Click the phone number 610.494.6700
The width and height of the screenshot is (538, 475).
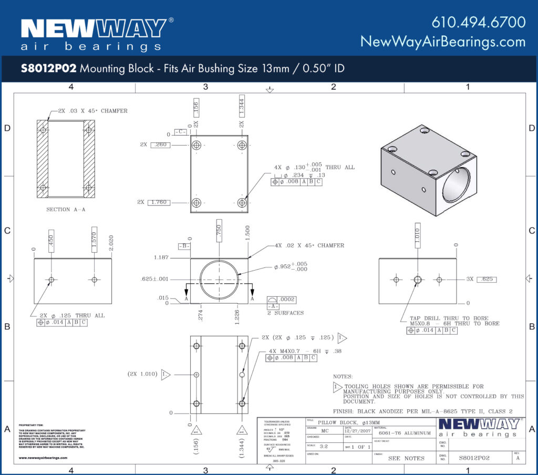[x=478, y=22]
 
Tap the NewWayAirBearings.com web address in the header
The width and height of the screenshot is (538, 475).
[x=442, y=42]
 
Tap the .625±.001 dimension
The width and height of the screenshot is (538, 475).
[x=155, y=279]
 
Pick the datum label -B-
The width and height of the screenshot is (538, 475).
[x=184, y=246]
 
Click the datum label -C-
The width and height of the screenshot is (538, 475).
[x=180, y=131]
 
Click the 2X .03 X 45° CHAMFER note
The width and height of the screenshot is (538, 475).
[x=89, y=111]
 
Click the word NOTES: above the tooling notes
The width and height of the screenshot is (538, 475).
[x=343, y=376]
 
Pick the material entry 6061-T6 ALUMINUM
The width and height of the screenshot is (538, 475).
[x=405, y=433]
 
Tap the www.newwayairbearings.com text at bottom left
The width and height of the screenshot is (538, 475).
[x=43, y=458]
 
